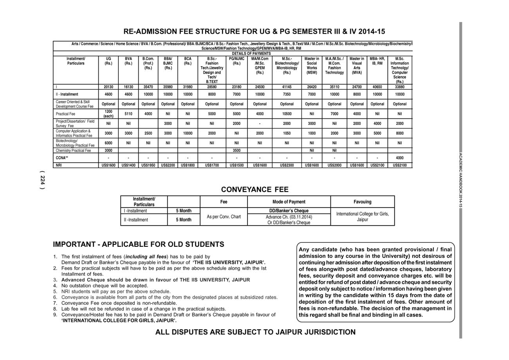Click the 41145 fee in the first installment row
coord(287,87)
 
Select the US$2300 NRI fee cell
coord(287,165)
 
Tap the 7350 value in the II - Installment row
coord(287,94)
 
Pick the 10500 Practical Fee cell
coord(287,114)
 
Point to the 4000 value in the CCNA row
coord(399,158)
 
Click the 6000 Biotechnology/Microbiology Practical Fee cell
coord(108,143)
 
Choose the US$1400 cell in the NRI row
coord(128,165)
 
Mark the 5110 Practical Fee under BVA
coord(128,114)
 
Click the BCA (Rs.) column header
coord(188,61)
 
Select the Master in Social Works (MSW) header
coord(312,65)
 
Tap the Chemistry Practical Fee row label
coord(73,150)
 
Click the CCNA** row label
coord(62,158)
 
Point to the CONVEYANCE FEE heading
coord(254,190)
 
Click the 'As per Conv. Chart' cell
coord(224,217)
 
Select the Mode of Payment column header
coord(289,202)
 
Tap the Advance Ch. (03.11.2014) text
coord(289,217)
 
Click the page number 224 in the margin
coord(42,181)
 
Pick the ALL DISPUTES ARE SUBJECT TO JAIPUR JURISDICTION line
coord(255,332)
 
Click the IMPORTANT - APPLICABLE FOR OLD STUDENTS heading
coord(139,244)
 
